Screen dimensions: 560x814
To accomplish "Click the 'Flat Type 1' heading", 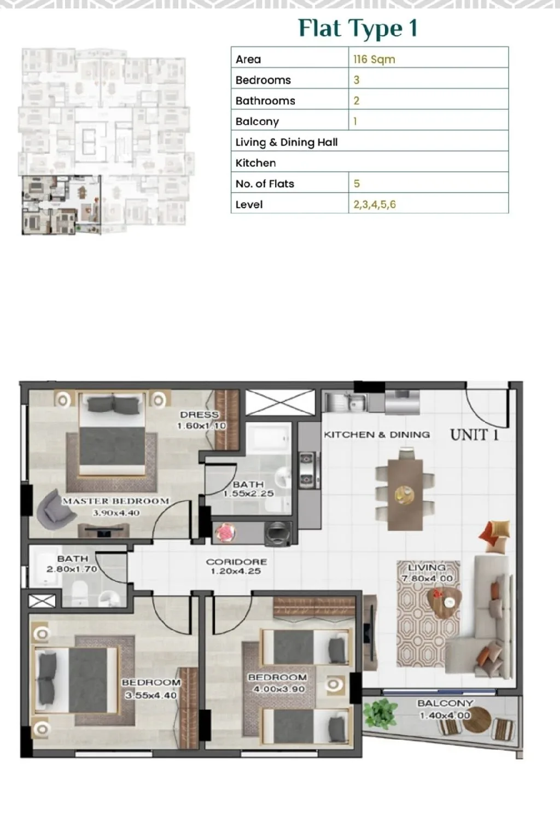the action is click(x=358, y=29).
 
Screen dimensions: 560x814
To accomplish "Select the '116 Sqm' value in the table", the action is click(x=374, y=59).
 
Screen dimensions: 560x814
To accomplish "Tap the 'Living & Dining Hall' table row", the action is click(x=370, y=142).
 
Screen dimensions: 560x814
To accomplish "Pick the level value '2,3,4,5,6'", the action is click(x=375, y=205).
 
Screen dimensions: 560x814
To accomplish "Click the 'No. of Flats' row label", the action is click(x=265, y=184).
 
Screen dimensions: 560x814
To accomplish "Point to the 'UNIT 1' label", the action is click(x=474, y=434).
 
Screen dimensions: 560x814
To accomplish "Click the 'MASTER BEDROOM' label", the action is click(x=116, y=501).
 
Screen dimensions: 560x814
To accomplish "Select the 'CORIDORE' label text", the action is click(x=236, y=562).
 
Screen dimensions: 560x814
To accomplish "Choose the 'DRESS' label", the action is click(x=200, y=415).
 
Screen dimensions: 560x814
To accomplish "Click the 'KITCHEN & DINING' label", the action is click(x=377, y=434).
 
